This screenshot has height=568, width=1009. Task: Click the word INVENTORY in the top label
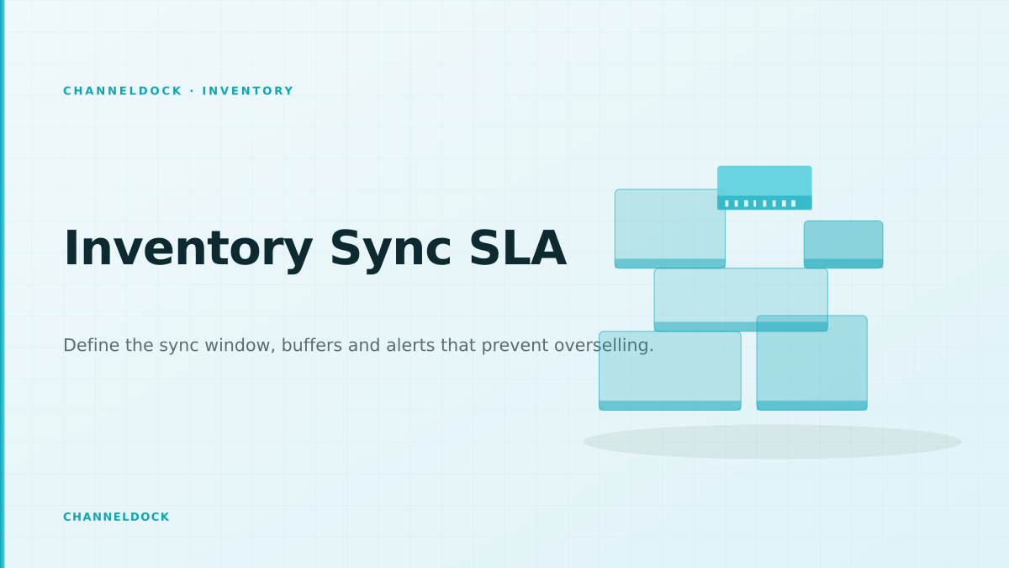tap(248, 91)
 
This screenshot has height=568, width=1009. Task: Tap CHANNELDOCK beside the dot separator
tap(123, 91)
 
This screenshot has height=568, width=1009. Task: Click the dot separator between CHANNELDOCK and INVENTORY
tap(193, 91)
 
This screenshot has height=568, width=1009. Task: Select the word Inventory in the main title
tap(188, 249)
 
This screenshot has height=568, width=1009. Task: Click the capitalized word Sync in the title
tap(390, 249)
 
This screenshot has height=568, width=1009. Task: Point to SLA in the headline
tap(518, 248)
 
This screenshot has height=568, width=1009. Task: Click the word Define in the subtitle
tap(92, 345)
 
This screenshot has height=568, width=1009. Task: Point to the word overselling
tap(604, 345)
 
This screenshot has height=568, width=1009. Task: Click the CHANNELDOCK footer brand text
tap(116, 517)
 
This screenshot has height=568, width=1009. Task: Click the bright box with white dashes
tap(764, 188)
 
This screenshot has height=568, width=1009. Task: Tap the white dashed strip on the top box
tap(760, 204)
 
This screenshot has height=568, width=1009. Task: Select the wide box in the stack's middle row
tap(741, 300)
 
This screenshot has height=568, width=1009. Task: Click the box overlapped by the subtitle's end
tap(670, 371)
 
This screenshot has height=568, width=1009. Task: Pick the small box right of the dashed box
tap(843, 244)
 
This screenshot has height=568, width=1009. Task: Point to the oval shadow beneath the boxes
tap(773, 442)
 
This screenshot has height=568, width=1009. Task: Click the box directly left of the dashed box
tap(670, 229)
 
